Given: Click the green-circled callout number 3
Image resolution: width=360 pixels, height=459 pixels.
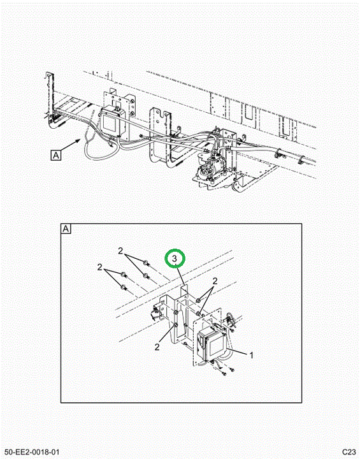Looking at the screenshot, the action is point(175,258).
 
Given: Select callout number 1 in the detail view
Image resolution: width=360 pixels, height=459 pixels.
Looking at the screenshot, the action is point(251,355).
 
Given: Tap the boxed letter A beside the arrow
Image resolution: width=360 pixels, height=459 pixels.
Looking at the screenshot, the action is point(56,155).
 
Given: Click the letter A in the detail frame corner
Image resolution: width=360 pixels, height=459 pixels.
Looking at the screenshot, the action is point(66,229).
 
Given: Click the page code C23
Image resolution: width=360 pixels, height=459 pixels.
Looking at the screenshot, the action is point(349,452).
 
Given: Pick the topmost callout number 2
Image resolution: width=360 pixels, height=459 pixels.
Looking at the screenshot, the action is point(120,251).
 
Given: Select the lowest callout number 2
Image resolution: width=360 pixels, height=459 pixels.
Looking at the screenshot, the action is point(157,347).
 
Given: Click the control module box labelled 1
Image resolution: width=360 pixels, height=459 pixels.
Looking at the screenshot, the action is point(212,342).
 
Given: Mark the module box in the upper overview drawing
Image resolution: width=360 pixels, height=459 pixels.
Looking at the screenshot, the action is point(113,122).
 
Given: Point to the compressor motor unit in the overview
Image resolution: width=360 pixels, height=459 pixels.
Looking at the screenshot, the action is point(209,168).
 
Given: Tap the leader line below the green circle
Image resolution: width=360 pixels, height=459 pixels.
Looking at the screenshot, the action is point(180,275).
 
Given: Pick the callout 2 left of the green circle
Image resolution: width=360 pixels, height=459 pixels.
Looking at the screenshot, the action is point(100,267).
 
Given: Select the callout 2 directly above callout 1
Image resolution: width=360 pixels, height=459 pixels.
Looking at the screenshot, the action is point(215,281).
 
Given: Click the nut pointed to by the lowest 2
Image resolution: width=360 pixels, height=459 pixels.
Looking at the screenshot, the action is point(176,325).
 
